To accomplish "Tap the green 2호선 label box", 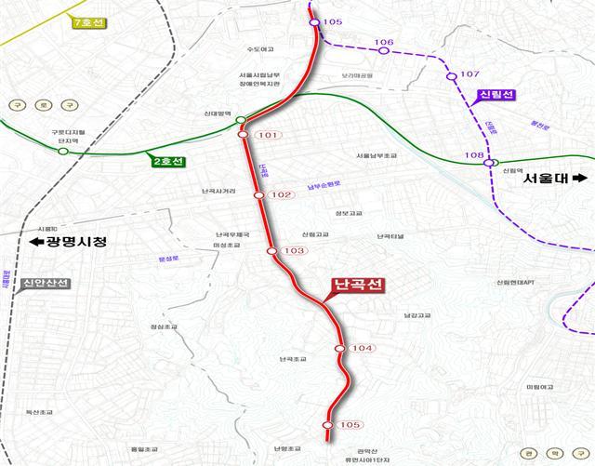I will click(x=168, y=162).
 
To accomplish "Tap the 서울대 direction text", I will click(x=546, y=178).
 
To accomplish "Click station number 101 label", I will click(x=267, y=136).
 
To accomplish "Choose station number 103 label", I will click(x=294, y=251).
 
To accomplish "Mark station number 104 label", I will click(x=364, y=349).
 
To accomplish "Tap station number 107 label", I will click(x=469, y=73).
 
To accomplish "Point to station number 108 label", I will click(x=474, y=155).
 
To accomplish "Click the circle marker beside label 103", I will click(x=271, y=251).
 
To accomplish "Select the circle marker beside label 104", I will click(x=341, y=349).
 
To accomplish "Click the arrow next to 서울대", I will click(x=582, y=178).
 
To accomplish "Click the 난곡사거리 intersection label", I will click(x=218, y=192).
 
